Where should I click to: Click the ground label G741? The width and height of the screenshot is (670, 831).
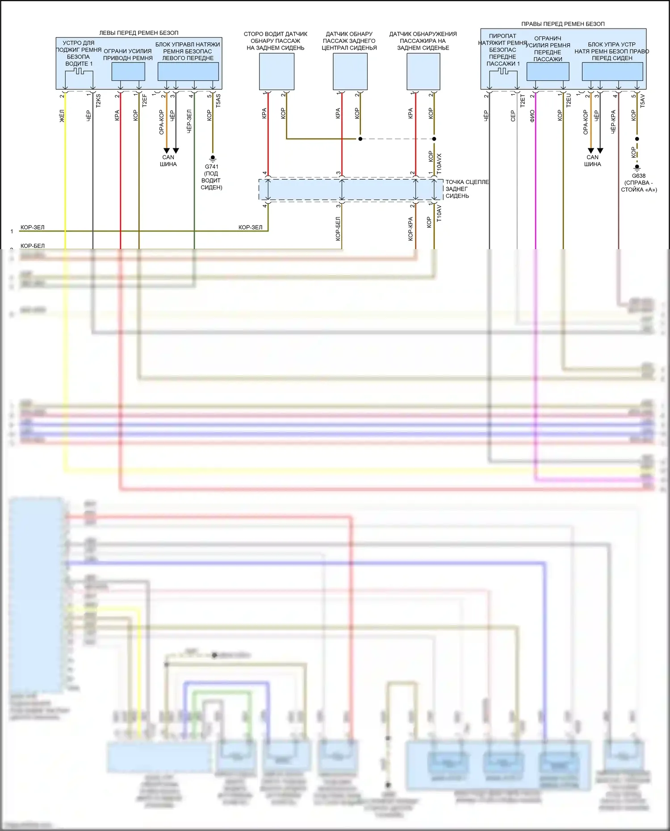tap(212, 167)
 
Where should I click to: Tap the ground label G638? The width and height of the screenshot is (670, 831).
tap(639, 175)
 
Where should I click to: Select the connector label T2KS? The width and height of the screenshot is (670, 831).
tap(98, 100)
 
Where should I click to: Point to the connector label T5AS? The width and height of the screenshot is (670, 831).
tap(218, 100)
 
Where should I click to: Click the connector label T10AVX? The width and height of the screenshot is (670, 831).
tap(439, 164)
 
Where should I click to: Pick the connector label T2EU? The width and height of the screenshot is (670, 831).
tap(569, 100)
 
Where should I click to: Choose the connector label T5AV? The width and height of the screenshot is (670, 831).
tap(642, 100)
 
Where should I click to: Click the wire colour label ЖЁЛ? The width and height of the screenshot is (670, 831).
tap(62, 116)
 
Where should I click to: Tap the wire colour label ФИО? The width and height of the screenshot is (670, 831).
tap(532, 116)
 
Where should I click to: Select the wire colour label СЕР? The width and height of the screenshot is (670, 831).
tap(513, 116)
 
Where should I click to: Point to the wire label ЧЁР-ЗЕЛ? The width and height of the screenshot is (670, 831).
tap(189, 121)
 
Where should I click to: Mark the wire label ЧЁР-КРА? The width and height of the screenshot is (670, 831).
tap(613, 121)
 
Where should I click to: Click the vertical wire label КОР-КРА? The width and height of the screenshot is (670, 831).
tap(410, 229)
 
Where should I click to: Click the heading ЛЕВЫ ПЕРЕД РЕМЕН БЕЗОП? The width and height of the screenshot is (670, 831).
tap(138, 33)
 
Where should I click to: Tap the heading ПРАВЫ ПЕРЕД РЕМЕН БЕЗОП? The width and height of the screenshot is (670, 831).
tap(563, 24)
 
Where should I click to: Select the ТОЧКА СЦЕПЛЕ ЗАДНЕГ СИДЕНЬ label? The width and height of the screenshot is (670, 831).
tap(467, 189)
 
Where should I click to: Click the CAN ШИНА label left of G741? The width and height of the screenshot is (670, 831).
tap(168, 161)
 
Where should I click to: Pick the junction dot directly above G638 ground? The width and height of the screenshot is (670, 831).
tap(637, 139)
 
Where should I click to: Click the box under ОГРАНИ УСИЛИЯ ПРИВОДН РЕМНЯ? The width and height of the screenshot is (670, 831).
tap(128, 71)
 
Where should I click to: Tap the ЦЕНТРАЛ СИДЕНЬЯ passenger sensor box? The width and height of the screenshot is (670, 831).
tap(350, 71)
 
